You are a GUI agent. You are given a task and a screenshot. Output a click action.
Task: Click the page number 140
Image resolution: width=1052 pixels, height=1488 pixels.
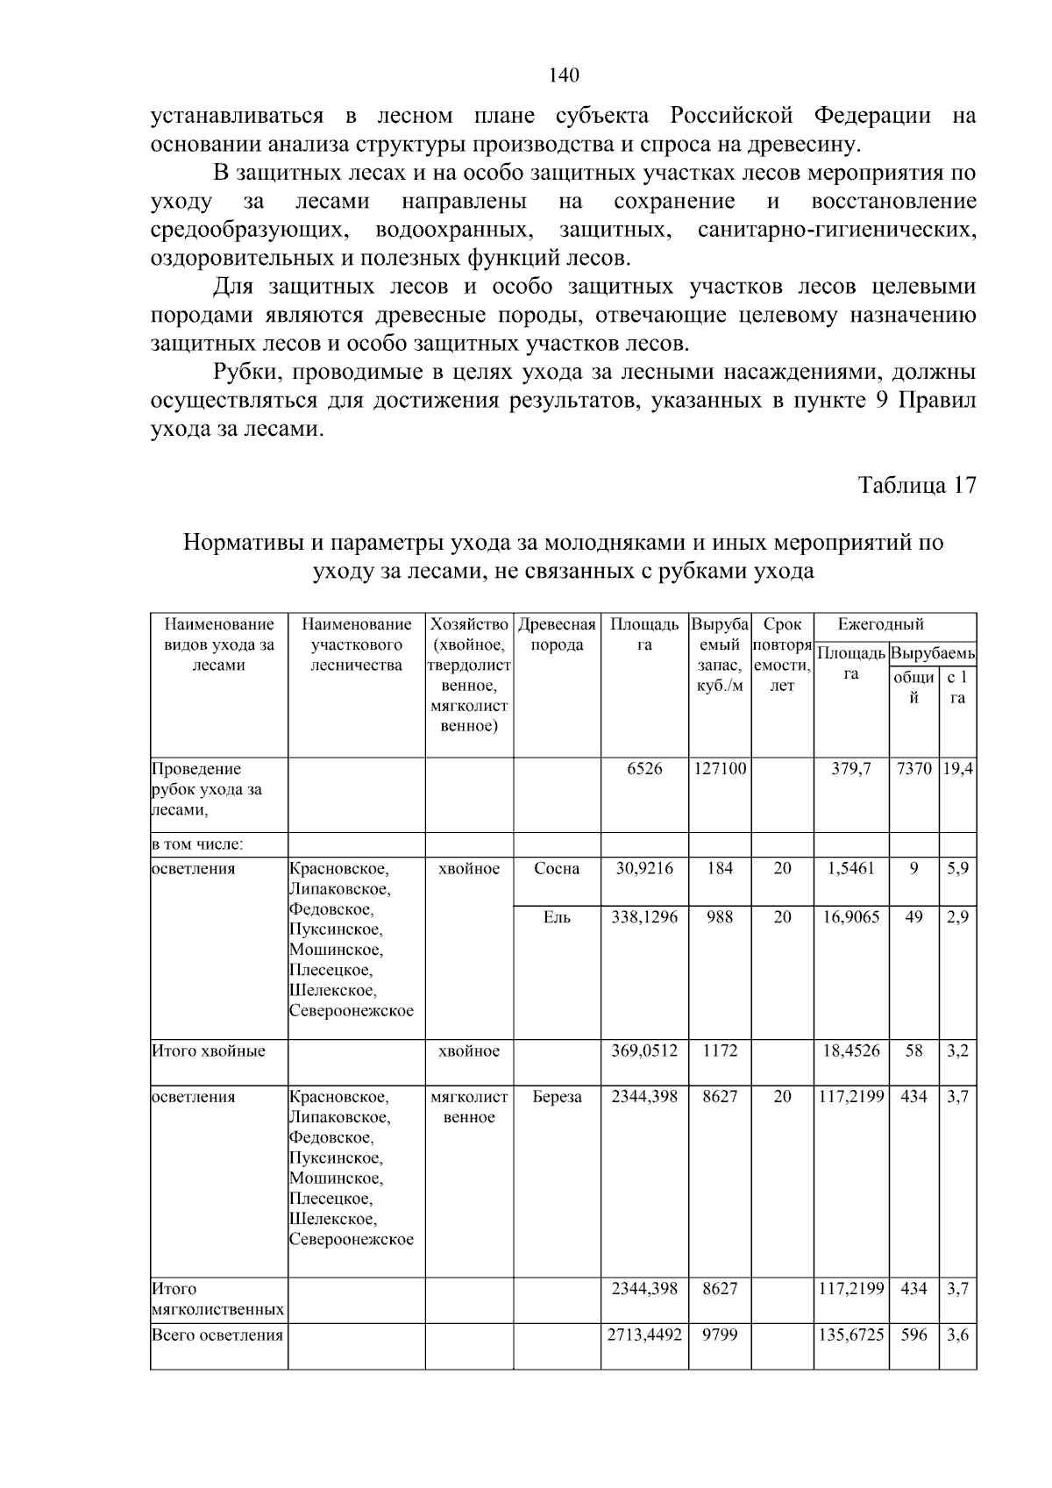click(x=564, y=75)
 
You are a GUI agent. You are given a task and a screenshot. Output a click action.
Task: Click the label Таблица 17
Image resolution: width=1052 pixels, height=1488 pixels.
click(x=916, y=486)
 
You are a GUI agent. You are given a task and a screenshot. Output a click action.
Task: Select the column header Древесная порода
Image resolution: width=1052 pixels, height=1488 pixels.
click(x=557, y=635)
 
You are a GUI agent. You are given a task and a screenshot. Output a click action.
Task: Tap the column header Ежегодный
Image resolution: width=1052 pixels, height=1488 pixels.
click(x=880, y=625)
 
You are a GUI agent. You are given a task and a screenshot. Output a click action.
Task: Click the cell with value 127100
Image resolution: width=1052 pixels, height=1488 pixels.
click(x=719, y=769)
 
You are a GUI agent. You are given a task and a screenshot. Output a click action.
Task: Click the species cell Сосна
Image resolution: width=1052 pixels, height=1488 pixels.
click(x=557, y=869)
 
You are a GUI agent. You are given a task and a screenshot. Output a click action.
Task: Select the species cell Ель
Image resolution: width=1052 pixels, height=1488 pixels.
click(x=557, y=917)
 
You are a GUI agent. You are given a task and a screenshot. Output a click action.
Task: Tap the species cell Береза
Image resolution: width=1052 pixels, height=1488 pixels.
click(x=557, y=1097)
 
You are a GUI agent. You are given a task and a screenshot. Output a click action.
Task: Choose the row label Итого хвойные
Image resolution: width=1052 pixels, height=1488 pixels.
click(x=209, y=1050)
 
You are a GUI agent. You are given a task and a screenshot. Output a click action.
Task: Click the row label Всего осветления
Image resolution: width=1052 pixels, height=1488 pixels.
click(x=217, y=1335)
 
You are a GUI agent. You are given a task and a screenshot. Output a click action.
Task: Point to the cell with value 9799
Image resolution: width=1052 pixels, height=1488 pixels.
click(x=719, y=1335)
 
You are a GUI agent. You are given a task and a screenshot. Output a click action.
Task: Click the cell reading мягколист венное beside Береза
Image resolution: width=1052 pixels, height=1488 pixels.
click(x=469, y=1107)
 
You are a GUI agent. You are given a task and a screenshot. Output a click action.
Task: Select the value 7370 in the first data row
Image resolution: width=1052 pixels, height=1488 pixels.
click(x=913, y=769)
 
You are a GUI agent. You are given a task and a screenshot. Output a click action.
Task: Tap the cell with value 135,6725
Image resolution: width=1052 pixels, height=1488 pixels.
click(x=850, y=1335)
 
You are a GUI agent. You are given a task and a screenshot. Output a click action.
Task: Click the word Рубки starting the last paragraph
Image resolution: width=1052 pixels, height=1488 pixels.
click(x=246, y=373)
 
